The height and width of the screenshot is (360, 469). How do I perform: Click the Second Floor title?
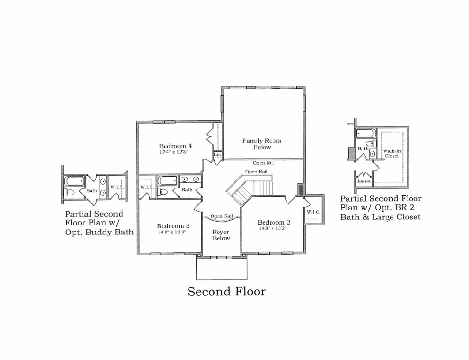[x=227, y=291]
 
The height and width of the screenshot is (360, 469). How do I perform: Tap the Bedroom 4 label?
[x=175, y=146]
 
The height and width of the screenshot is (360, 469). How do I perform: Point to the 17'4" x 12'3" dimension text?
[x=175, y=152]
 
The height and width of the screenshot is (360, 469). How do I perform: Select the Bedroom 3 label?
[x=173, y=226]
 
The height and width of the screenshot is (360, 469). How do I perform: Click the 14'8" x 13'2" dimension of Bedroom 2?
[x=273, y=228]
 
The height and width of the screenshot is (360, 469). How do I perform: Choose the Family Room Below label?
[x=262, y=143]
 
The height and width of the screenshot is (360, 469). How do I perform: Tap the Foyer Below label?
[x=221, y=235]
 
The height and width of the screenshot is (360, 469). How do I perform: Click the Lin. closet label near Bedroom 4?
[x=218, y=155]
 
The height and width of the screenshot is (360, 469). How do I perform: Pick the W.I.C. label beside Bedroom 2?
[x=313, y=212]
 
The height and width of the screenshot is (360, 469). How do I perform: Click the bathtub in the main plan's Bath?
[x=168, y=180]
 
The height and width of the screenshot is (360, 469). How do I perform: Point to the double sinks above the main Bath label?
[x=190, y=179]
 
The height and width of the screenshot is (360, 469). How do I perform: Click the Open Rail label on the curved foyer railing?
[x=222, y=216]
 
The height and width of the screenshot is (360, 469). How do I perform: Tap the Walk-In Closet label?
[x=392, y=153]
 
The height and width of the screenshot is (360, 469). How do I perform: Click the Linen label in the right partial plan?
[x=364, y=180]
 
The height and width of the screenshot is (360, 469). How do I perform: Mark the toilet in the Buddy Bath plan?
[x=69, y=192]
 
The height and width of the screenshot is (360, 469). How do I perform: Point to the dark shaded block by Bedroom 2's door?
[x=301, y=190]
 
